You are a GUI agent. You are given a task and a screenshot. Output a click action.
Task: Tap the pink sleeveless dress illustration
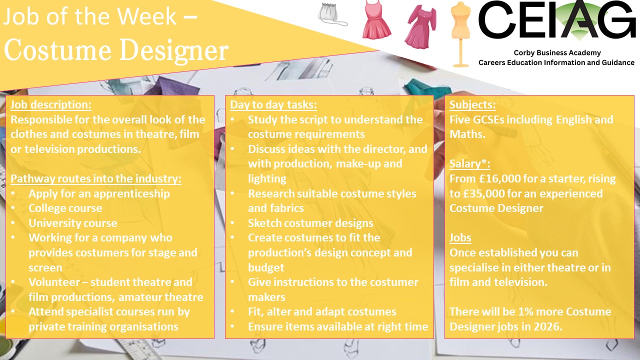[376, 20]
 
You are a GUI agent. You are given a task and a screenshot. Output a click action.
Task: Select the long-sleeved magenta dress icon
[421, 27]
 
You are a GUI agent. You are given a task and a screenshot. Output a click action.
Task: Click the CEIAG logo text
[556, 20]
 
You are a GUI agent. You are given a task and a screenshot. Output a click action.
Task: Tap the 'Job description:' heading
[51, 104]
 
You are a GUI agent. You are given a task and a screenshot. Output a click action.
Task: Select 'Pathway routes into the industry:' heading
[95, 178]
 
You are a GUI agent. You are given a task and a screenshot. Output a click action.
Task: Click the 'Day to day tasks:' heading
[273, 104]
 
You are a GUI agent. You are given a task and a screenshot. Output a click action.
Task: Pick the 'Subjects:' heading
[472, 104]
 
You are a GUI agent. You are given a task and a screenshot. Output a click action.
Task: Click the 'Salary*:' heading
[469, 163]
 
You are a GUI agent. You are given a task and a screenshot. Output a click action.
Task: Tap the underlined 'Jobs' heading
[460, 237]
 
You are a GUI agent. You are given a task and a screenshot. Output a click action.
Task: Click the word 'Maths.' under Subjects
[467, 134]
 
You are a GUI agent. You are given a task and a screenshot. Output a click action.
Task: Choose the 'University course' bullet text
[73, 223]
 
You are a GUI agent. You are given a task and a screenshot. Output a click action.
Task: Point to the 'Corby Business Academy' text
[557, 53]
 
